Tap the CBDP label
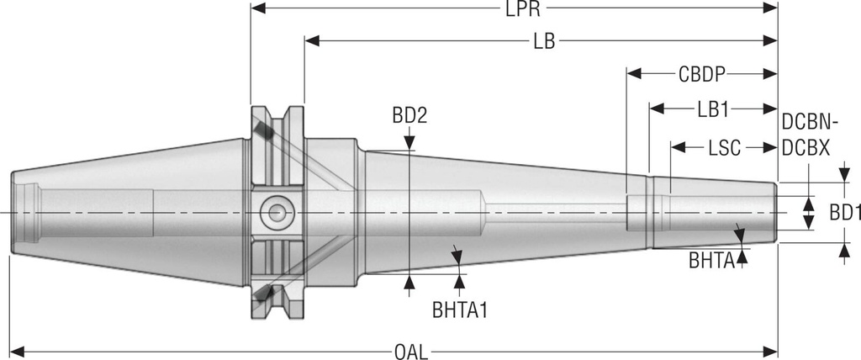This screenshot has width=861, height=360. coord(702,73)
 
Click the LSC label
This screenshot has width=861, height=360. coord(724,148)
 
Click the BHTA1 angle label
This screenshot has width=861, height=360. coord(460,310)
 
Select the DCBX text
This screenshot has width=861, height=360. coord(806,148)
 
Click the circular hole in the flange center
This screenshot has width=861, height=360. coord(274,213)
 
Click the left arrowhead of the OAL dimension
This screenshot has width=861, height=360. coord(15,349)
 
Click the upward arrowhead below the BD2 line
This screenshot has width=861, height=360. coord(409,283)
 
